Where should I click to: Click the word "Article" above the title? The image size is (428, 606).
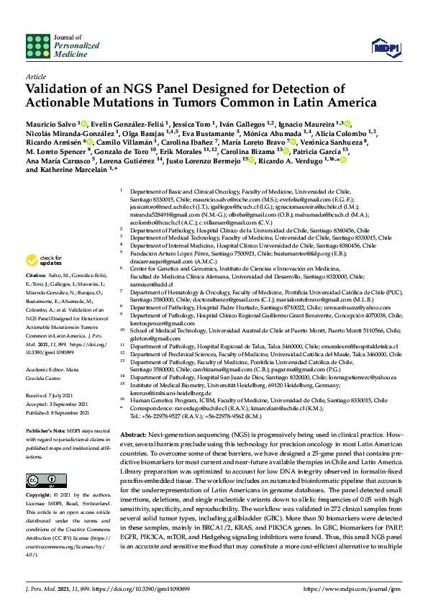35,76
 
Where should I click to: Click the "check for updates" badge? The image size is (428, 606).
42,259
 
